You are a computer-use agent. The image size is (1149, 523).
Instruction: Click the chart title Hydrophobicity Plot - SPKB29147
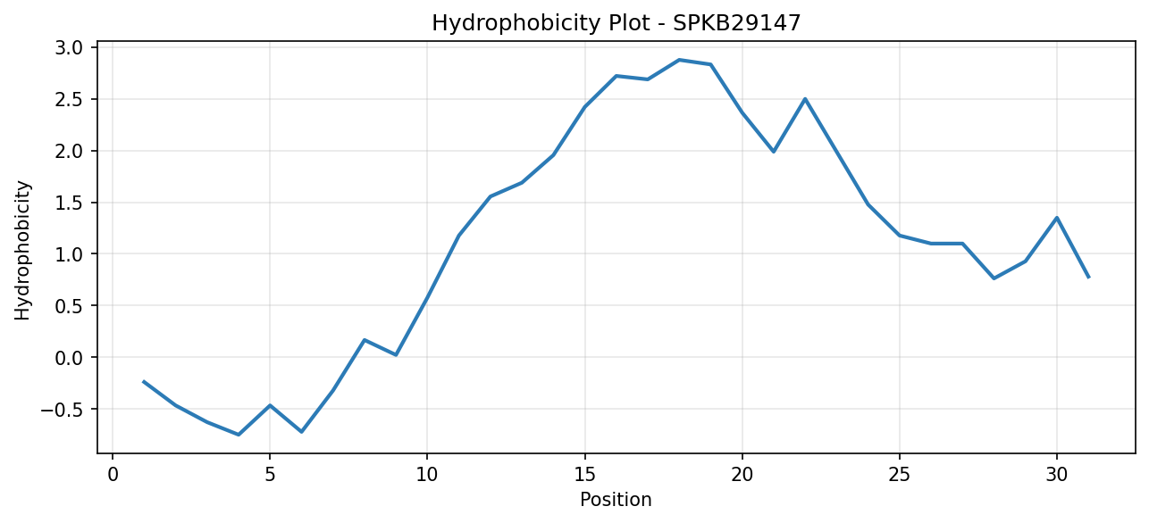(x=616, y=23)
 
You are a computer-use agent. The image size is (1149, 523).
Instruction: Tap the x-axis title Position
(x=616, y=500)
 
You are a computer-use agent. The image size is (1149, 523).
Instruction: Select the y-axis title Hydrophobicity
(x=22, y=251)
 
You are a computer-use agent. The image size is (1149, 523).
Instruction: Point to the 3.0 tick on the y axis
(x=69, y=47)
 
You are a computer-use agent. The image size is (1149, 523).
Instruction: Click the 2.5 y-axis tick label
(x=69, y=99)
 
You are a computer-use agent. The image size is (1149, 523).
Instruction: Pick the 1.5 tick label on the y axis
(x=69, y=203)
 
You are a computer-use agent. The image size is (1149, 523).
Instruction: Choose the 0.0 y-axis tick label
(x=69, y=358)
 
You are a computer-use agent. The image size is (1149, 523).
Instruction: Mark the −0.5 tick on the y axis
(x=62, y=410)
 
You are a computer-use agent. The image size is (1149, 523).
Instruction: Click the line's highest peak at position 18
(x=679, y=60)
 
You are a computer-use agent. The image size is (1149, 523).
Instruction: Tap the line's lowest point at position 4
(x=239, y=435)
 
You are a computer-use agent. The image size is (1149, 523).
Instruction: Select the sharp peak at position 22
(x=805, y=99)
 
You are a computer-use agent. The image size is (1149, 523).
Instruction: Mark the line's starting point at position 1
(x=144, y=382)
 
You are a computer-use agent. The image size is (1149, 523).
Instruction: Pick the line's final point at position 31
(x=1088, y=278)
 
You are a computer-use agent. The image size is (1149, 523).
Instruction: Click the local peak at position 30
(x=1057, y=218)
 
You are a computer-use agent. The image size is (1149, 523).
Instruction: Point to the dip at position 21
(x=774, y=152)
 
